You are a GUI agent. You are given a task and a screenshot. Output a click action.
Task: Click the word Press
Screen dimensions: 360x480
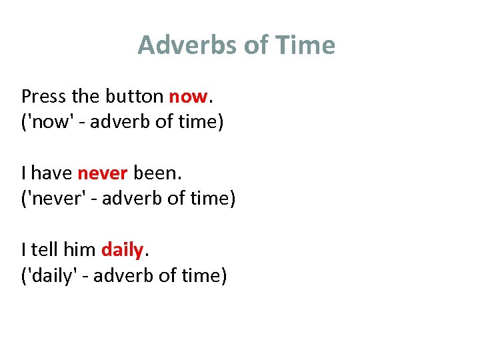(x=44, y=97)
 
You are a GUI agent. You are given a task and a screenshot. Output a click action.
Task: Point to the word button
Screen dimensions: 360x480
(x=134, y=97)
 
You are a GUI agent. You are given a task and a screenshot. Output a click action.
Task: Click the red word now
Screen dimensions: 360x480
(x=188, y=97)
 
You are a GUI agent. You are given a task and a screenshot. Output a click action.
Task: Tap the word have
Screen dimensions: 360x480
(x=52, y=173)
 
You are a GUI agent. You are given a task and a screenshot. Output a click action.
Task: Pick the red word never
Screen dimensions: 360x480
(x=102, y=173)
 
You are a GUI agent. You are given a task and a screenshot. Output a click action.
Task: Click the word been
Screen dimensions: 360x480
(x=156, y=173)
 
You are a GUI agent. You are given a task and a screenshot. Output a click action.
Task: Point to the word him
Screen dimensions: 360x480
(x=79, y=250)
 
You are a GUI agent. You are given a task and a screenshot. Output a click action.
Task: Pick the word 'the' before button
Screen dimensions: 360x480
(x=85, y=97)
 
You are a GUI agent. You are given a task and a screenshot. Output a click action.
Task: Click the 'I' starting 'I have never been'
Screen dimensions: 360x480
(x=23, y=173)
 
